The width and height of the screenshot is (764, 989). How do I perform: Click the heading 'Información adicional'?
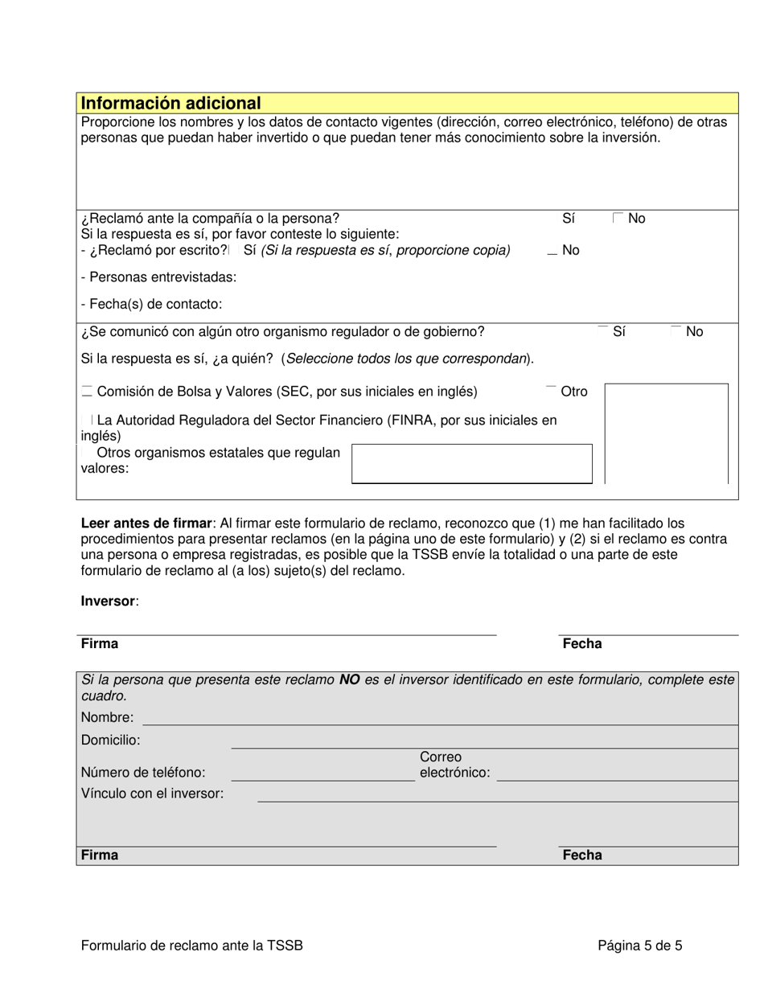(170, 103)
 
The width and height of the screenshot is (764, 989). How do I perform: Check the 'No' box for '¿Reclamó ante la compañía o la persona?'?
(617, 218)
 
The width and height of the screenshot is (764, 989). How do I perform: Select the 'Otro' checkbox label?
(573, 392)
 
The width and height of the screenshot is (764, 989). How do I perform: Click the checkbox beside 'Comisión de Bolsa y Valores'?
(87, 392)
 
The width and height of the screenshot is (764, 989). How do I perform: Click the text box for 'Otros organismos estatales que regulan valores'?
(471, 464)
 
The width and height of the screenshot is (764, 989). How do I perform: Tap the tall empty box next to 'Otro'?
(666, 434)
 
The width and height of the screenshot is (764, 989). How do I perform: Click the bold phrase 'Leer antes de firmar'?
(146, 523)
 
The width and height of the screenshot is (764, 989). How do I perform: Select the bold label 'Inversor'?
(109, 601)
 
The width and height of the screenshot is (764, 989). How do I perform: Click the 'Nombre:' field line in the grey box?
(439, 718)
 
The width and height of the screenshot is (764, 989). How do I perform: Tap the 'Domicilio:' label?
(110, 740)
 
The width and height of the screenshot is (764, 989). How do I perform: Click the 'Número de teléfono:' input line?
(322, 773)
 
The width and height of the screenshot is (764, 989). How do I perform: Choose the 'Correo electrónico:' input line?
(617, 773)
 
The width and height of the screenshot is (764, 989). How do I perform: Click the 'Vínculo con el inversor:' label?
(152, 794)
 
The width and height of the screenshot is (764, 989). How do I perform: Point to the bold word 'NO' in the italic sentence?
(349, 680)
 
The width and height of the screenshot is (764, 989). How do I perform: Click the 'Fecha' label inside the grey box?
(581, 855)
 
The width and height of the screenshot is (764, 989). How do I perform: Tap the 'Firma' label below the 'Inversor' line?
(99, 643)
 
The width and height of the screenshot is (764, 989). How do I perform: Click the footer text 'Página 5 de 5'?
(639, 946)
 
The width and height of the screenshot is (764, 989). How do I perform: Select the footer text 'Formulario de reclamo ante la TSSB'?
(191, 946)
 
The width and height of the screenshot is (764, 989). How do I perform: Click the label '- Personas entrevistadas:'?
(158, 277)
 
